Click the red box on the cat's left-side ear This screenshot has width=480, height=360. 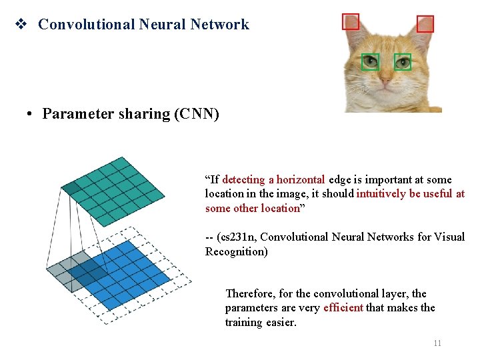pos(351,22)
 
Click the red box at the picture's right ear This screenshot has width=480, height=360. pos(425,25)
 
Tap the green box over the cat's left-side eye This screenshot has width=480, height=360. pos(370,62)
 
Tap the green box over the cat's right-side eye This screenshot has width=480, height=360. pos(403,62)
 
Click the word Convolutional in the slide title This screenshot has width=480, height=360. pos(86,25)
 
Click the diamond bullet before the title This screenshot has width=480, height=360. pos(20,25)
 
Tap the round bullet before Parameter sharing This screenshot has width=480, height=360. pos(31,114)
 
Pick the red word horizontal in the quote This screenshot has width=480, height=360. pos(301,179)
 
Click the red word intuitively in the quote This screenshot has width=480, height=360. pos(384,194)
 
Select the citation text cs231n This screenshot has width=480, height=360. pos(235,237)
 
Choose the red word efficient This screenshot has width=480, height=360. pos(343,307)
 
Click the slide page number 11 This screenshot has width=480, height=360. pos(437,343)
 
